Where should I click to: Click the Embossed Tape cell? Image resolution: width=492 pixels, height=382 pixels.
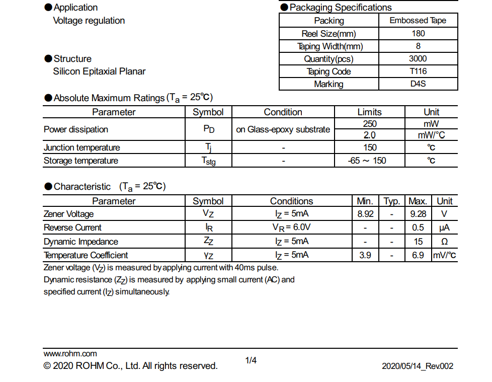418,21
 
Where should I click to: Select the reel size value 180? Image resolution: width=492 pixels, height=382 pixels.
418,34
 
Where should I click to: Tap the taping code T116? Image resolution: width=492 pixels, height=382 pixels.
418,71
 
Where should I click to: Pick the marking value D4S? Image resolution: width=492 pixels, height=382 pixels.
418,84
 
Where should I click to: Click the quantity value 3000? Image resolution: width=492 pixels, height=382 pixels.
418,59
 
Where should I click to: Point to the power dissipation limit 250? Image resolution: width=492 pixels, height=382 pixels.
369,124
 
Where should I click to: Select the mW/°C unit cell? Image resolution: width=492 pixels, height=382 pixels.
431,135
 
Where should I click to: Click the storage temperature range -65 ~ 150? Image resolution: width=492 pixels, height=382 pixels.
369,161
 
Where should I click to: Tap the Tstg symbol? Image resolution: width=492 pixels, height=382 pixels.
208,161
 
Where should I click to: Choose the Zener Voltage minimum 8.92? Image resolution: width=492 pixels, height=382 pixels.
365,214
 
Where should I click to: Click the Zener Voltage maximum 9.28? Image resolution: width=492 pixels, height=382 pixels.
418,214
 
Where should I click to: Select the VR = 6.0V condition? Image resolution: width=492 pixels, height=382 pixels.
291,227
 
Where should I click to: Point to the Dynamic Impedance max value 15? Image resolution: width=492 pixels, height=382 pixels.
418,242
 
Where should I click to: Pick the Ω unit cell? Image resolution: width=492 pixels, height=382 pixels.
444,242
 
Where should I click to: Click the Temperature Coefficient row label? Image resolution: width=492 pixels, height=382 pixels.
86,255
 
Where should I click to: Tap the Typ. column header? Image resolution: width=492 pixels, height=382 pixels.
391,201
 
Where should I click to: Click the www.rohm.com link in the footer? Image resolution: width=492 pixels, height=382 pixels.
70,354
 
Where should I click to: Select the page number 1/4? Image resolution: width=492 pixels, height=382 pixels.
251,360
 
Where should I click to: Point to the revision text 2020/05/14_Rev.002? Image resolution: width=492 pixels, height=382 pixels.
417,366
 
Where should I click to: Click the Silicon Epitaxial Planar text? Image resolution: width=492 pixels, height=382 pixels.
99,71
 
